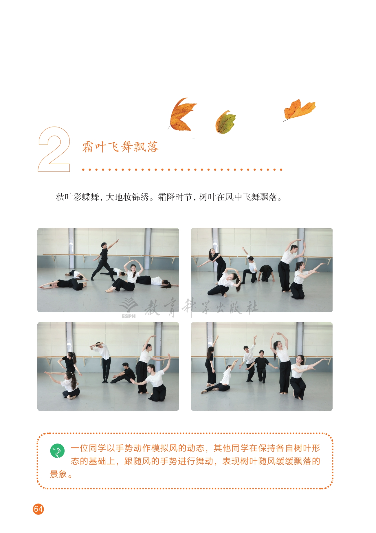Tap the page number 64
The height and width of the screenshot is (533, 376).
click(38, 509)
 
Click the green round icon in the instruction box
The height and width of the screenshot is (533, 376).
click(57, 451)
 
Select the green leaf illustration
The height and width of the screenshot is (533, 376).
click(225, 122)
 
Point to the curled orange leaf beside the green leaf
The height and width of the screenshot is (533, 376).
click(181, 114)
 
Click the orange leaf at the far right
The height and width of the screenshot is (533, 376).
click(299, 109)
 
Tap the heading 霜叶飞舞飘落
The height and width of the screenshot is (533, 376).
click(120, 147)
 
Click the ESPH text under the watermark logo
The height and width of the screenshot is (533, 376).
click(129, 316)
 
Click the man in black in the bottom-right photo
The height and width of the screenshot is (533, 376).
click(262, 366)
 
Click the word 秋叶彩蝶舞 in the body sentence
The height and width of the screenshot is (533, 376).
click(78, 197)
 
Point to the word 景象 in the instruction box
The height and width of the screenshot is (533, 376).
click(59, 474)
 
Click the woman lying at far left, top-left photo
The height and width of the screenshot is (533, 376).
click(63, 284)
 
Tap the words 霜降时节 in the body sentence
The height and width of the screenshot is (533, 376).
click(175, 197)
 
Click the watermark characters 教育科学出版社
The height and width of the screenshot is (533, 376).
click(201, 307)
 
